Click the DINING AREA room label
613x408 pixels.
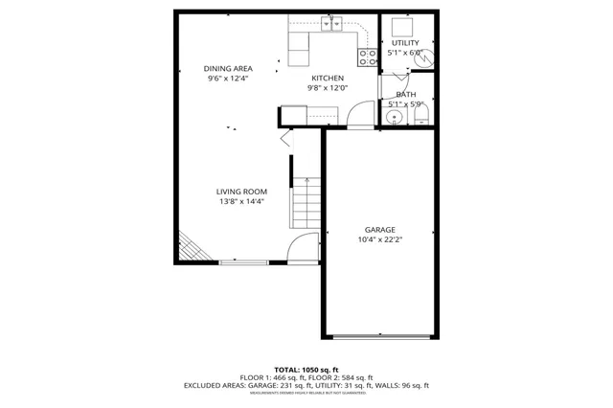227,68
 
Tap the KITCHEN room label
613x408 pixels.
327,78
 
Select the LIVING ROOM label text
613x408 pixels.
240,192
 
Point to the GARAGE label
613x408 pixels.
379,230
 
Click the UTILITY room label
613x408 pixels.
405,43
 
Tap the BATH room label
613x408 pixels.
405,93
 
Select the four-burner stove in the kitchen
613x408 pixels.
366,57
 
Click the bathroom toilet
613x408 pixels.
420,117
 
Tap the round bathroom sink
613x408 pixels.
392,118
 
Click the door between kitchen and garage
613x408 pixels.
359,117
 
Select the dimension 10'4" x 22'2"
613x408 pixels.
379,241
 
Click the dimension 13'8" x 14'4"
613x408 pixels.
240,202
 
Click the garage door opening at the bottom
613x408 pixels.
379,335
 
